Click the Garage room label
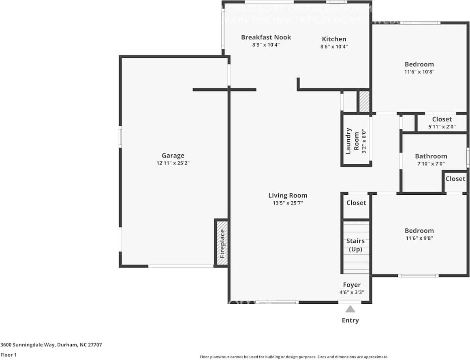pos(173,156)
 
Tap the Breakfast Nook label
pos(266,37)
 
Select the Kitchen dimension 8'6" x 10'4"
pos(334,47)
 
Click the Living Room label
pos(288,195)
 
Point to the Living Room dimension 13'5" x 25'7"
pos(288,203)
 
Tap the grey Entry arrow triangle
pos(350,309)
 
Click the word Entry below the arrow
pos(350,320)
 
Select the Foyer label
pos(352,285)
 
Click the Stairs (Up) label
pos(355,245)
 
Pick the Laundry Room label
pos(351,141)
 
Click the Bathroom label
pos(431,156)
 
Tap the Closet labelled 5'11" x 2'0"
pos(442,119)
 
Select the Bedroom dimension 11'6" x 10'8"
pos(419,72)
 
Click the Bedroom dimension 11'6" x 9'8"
pos(419,239)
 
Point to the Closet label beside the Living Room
pos(356,202)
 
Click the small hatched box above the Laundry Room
pos(364,101)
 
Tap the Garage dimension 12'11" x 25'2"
pos(173,163)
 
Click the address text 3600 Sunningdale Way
pos(51,345)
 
